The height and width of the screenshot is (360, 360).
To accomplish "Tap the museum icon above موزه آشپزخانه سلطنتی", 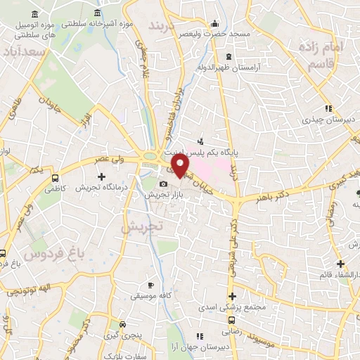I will pyautogui.click(x=96, y=13).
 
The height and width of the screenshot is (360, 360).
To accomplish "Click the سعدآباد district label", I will pyautogui.click(x=23, y=53).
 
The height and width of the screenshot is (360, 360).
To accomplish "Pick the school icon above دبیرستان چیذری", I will pyautogui.click(x=327, y=108).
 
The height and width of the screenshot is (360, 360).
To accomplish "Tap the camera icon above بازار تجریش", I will pyautogui.click(x=163, y=184).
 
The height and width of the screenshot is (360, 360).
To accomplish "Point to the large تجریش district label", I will pyautogui.click(x=141, y=226).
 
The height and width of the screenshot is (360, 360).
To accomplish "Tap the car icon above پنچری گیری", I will pyautogui.click(x=123, y=325).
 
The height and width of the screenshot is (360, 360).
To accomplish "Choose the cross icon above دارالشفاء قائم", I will pyautogui.click(x=341, y=264).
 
